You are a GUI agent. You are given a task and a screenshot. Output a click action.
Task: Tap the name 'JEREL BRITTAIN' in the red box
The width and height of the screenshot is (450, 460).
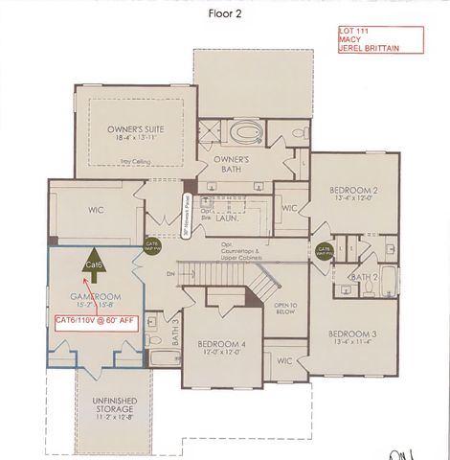coord(368,47)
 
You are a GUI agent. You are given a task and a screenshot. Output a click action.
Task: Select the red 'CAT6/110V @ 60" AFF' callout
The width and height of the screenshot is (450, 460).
coord(96,319)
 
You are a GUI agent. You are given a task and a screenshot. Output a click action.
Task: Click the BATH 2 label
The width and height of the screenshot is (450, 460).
coord(363,277)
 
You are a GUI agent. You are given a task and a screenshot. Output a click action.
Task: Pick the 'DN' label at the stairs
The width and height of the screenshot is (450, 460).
coord(171,271)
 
